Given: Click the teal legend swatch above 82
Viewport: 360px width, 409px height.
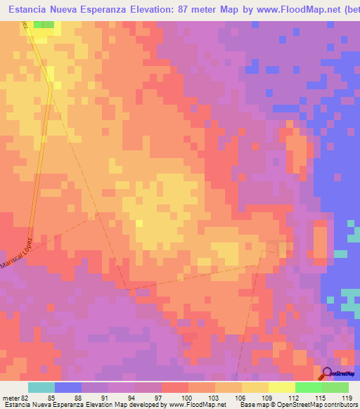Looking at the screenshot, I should coord(41,387).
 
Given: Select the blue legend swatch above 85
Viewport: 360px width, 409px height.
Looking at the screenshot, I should coord(68,387).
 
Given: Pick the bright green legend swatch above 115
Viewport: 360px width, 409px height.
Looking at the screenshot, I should coord(309,387).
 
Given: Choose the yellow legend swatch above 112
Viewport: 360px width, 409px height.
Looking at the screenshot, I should coord(282,387).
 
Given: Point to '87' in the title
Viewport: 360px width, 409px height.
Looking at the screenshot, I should coord(190,10).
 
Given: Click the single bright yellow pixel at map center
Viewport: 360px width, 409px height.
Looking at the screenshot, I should coord(139,223).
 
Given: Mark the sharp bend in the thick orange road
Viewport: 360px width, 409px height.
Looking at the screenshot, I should coord(50,86).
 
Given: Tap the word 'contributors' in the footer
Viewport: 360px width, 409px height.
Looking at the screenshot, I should coord(342,405).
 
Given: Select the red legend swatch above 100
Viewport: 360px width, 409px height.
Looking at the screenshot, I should coord(175,387).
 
